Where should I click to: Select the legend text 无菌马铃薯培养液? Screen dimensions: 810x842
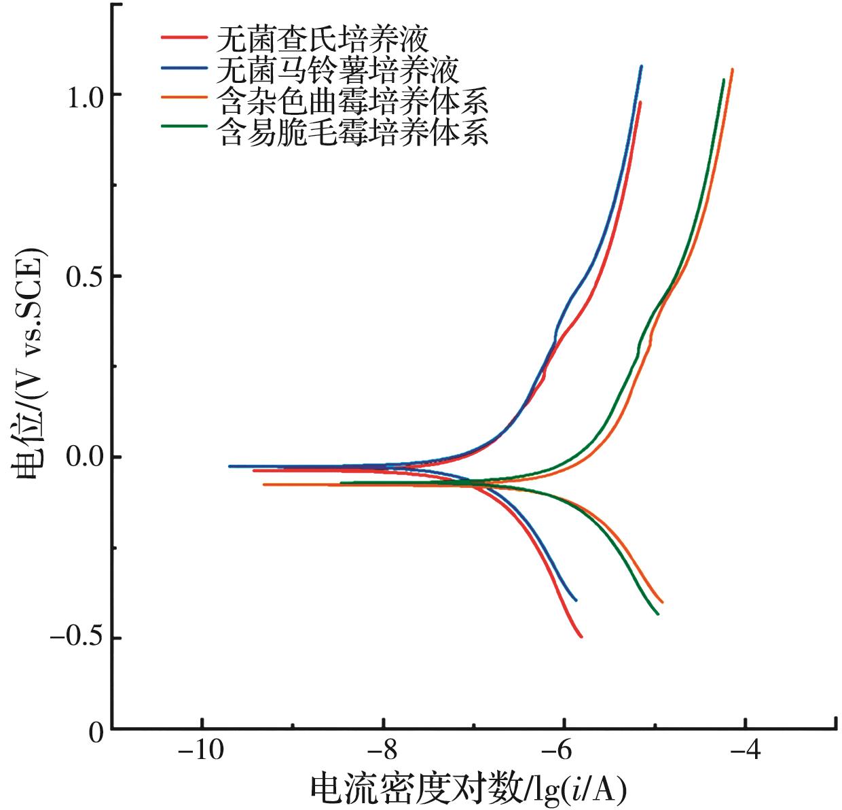point(337,70)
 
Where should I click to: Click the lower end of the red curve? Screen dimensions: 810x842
point(581,636)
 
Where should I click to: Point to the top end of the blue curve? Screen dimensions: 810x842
point(641,67)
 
